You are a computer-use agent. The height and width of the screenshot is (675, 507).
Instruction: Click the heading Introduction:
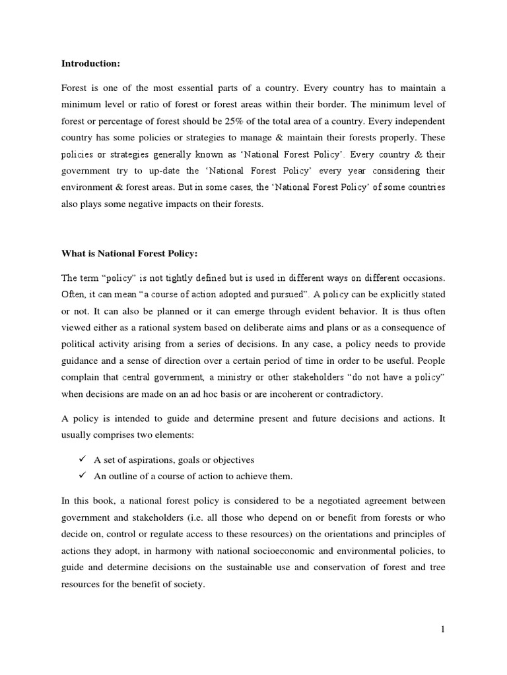pos(90,64)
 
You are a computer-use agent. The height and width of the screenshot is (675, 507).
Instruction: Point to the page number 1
pos(444,629)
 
